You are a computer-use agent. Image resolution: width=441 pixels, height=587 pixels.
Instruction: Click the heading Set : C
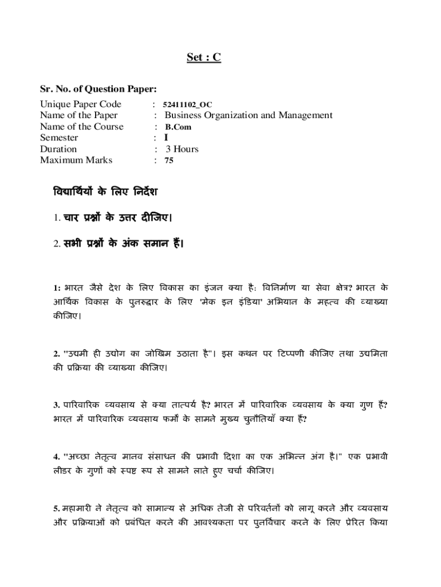[204, 57]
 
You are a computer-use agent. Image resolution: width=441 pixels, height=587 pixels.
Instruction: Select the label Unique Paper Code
[80, 104]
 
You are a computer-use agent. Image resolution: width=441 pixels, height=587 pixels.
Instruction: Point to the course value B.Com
[179, 127]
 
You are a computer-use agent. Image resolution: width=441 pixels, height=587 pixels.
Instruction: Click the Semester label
[59, 138]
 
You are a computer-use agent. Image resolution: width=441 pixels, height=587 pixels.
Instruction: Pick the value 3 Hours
[182, 149]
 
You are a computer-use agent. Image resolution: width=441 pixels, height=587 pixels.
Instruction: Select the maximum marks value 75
[169, 161]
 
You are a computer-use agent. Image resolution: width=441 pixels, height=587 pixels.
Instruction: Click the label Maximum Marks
[76, 160]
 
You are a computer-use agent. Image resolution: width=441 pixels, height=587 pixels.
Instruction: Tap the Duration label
[58, 149]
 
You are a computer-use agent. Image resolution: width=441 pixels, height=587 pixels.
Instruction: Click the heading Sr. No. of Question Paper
[98, 89]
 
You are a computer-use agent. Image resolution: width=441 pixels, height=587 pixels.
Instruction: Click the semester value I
[166, 138]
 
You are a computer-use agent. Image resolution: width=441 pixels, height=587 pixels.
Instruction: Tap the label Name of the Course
[81, 127]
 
